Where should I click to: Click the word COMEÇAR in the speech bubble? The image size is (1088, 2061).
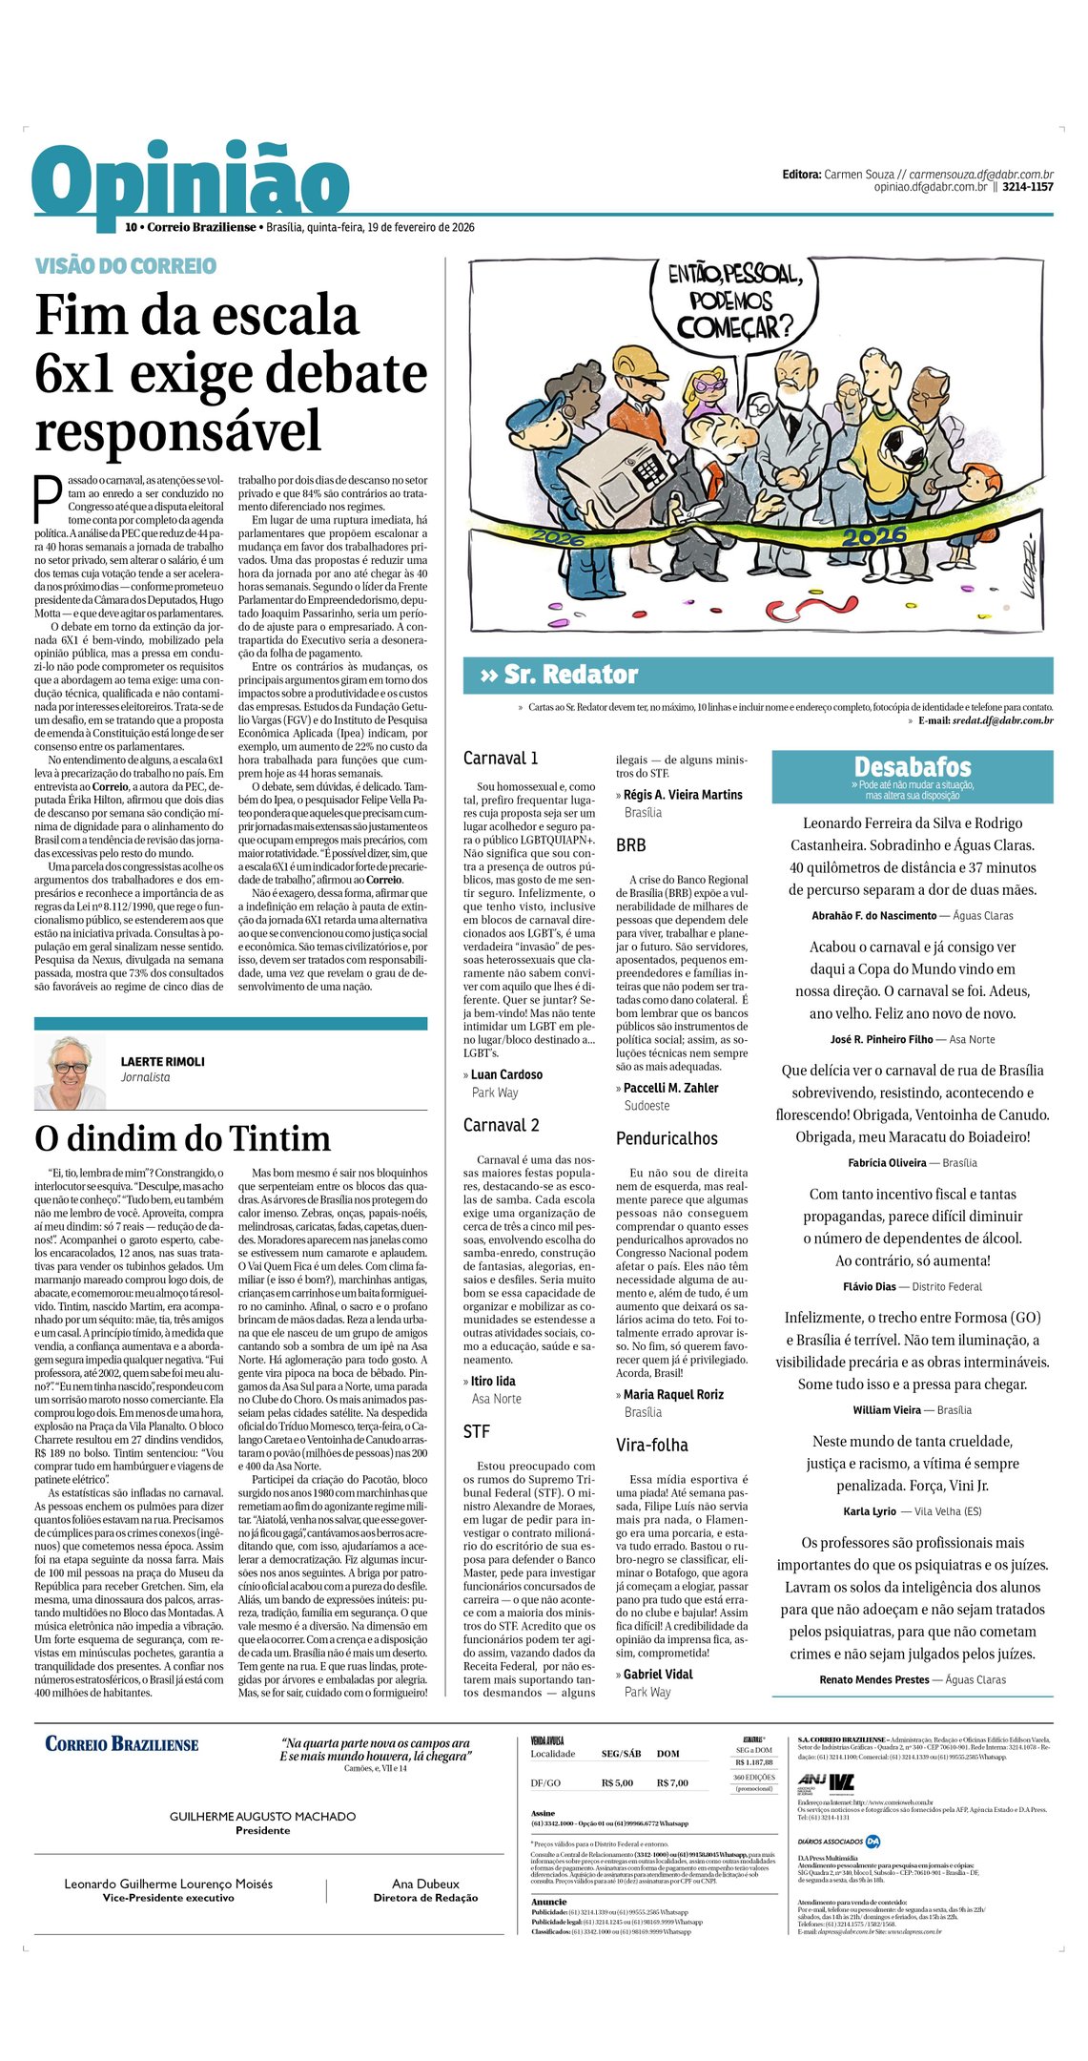tap(734, 328)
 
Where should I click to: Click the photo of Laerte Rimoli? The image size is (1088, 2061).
tap(70, 1072)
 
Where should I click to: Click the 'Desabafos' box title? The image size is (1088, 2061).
tap(912, 767)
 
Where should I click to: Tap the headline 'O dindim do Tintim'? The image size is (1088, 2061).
tap(182, 1138)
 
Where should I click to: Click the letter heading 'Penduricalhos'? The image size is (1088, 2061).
tap(667, 1138)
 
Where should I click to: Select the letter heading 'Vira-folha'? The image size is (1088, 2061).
tap(652, 1445)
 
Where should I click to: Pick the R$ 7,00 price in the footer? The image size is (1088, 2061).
tap(672, 1782)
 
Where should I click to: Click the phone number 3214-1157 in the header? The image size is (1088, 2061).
tap(1027, 187)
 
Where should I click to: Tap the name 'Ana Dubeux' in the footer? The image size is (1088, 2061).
tap(425, 1884)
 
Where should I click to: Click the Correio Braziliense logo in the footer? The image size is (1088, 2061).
tap(122, 1744)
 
